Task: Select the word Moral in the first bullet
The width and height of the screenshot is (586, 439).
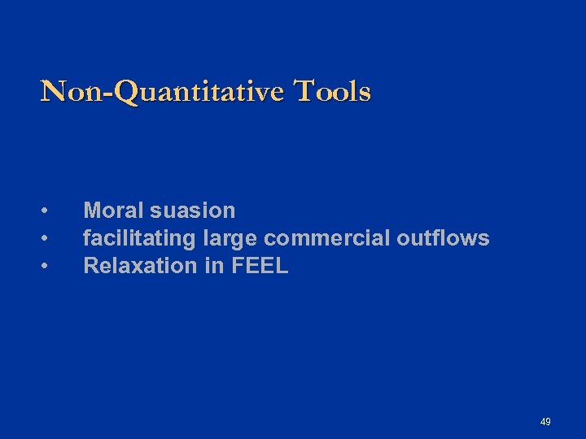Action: pos(113,211)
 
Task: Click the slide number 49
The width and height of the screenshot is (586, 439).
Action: pos(545,422)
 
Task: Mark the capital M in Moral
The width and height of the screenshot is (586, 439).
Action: pos(92,211)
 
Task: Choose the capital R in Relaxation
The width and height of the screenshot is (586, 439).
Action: pos(91,266)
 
